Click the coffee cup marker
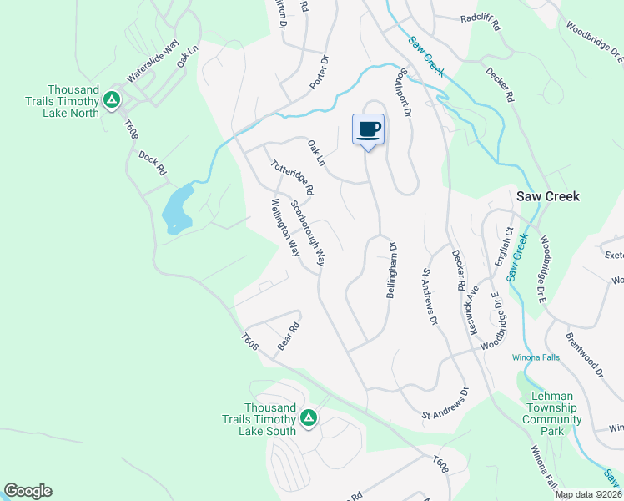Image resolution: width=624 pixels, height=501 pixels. (x=369, y=129)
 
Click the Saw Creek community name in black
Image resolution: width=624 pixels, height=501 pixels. (x=547, y=196)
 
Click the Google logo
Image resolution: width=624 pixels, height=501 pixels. (x=28, y=491)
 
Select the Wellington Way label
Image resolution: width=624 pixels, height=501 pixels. (x=284, y=227)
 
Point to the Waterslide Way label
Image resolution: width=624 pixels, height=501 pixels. (x=153, y=64)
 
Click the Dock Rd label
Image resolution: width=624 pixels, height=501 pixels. (x=153, y=163)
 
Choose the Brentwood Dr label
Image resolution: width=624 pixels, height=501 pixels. (x=584, y=357)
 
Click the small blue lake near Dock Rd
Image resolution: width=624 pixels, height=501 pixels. (x=178, y=209)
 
